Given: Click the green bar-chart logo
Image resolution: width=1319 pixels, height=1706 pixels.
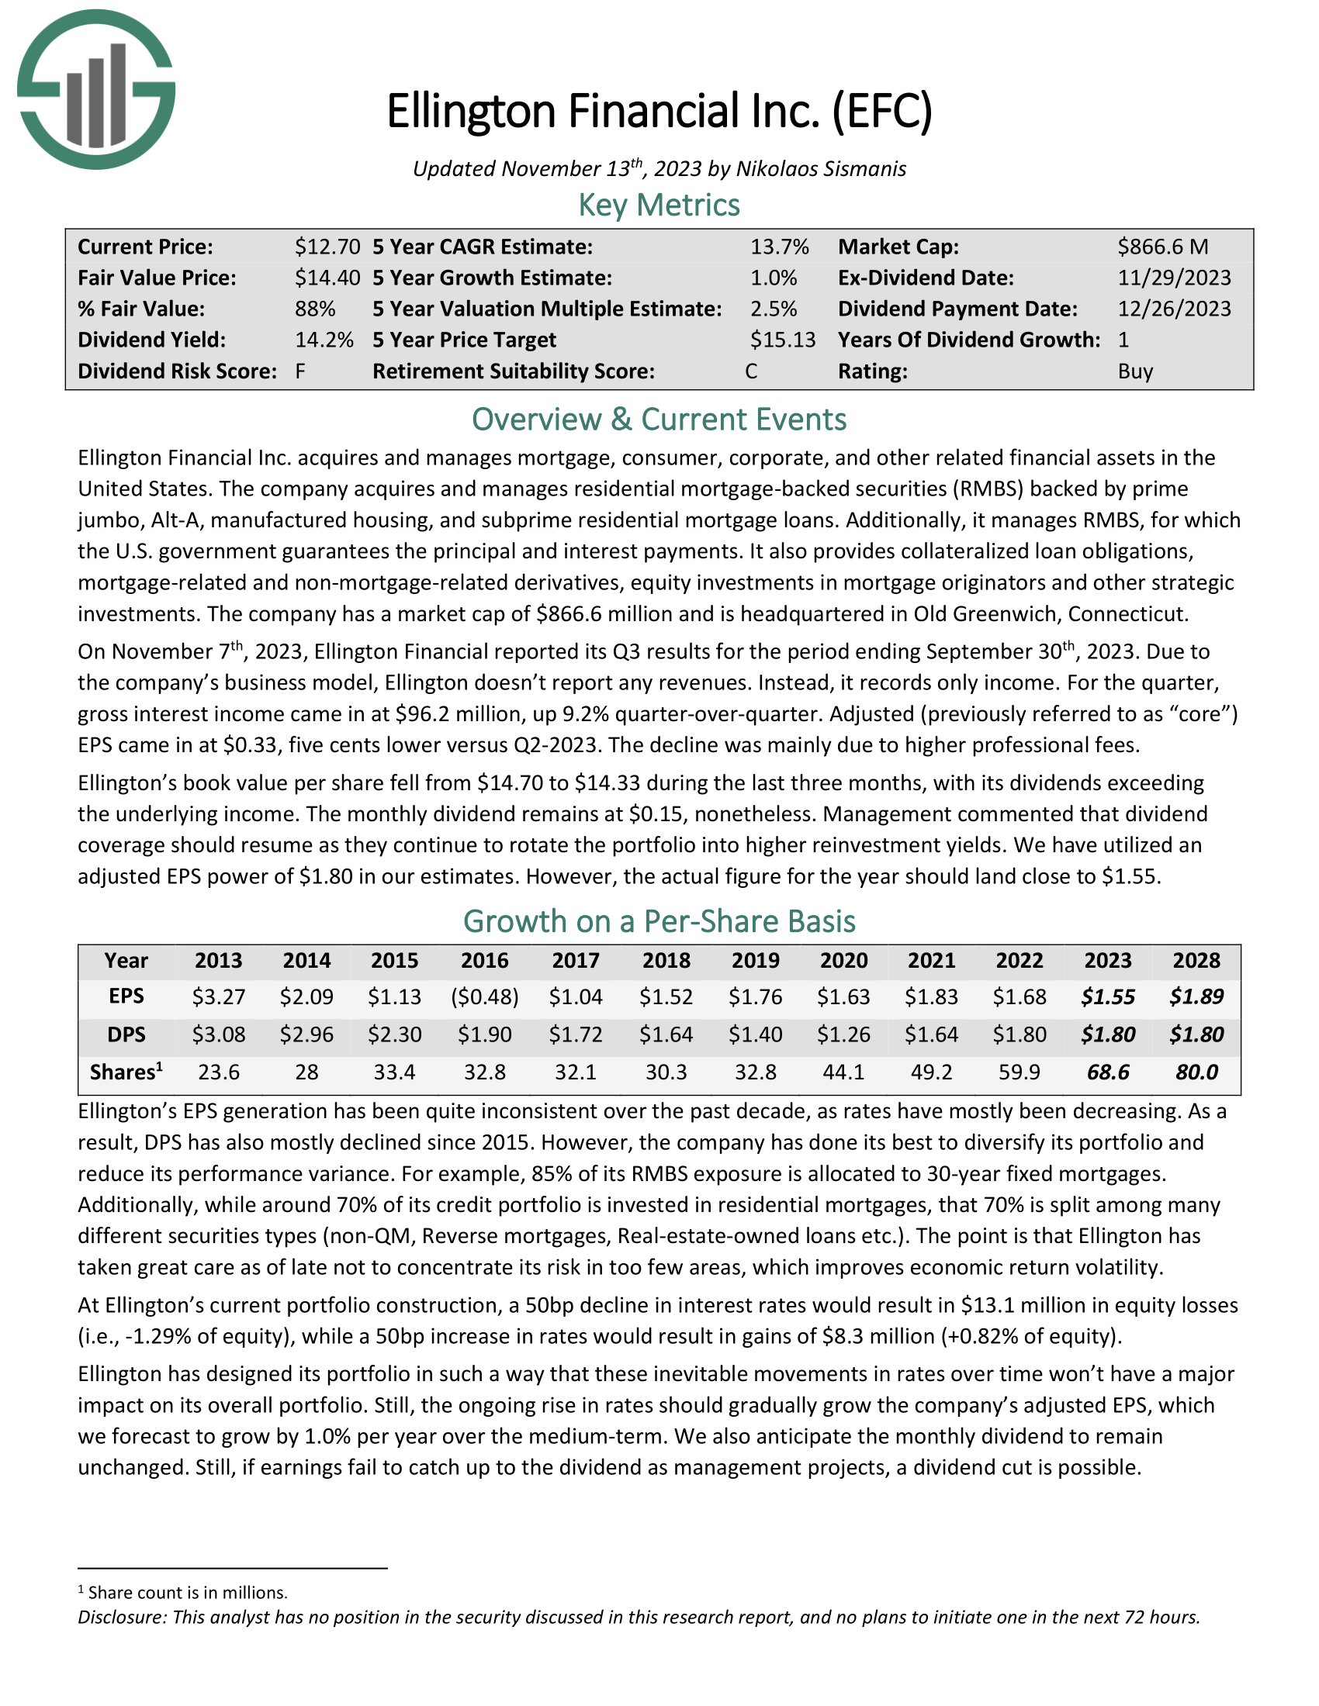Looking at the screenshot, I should [96, 90].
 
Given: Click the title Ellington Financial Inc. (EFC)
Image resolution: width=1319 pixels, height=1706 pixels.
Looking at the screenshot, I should [659, 111].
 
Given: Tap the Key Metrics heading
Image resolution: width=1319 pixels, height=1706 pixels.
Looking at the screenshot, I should [659, 205].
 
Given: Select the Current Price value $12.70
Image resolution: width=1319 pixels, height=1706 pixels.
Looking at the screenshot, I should [327, 247].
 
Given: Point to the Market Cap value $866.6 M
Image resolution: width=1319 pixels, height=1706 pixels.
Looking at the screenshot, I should [1162, 247].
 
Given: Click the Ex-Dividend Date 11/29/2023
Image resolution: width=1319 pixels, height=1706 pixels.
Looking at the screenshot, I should [1174, 278].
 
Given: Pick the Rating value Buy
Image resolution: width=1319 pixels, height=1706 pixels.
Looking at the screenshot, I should [1135, 371].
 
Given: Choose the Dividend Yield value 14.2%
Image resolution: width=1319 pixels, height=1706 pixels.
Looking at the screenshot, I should [324, 340].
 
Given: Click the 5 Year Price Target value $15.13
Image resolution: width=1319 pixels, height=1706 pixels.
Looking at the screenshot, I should [782, 340].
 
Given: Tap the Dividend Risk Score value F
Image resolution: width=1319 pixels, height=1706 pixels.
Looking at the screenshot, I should [300, 371].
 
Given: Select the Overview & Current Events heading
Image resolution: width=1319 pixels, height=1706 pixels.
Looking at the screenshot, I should [659, 420].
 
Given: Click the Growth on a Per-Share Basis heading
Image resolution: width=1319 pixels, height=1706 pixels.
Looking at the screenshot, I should [659, 922].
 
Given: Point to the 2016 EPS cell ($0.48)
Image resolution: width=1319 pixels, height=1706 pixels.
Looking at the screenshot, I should [484, 996].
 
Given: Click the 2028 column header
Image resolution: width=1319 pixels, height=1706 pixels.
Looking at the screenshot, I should [1196, 960].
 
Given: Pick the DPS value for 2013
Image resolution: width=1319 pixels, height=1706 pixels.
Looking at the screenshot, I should [219, 1034].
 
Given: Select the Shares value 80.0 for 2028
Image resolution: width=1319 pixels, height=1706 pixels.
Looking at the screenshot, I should [1196, 1072].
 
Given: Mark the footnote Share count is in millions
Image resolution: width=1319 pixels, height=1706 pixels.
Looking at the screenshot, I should [188, 1592].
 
